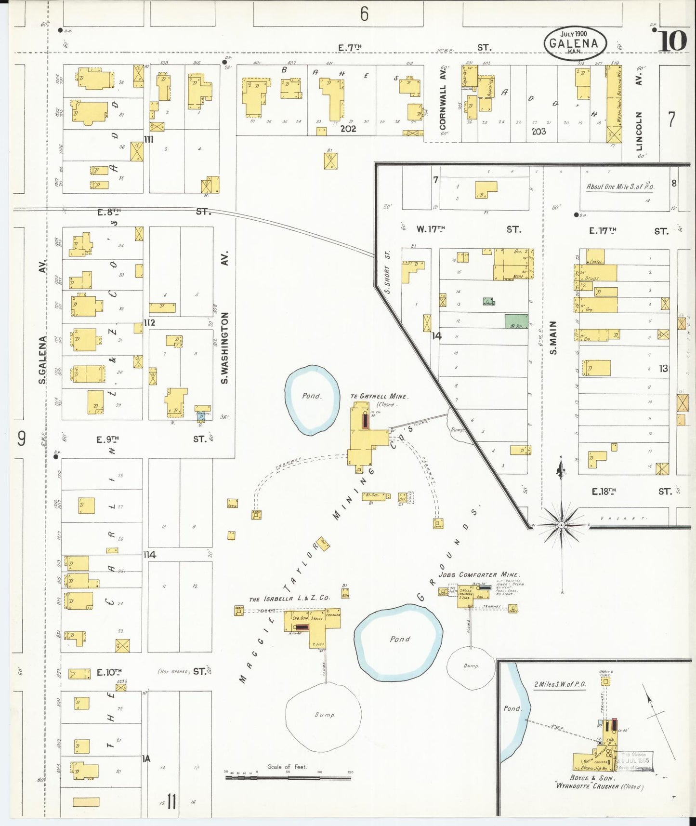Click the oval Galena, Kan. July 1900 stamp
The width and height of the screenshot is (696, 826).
click(x=575, y=43)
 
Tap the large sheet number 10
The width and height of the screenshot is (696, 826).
click(x=672, y=40)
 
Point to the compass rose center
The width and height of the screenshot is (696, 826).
click(x=561, y=524)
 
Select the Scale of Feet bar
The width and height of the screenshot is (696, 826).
click(x=288, y=777)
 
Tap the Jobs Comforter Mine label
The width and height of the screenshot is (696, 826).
click(x=479, y=574)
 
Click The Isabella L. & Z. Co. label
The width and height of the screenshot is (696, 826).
click(x=289, y=598)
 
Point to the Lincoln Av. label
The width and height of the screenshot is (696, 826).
click(x=639, y=131)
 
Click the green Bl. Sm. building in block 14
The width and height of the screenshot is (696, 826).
click(x=516, y=322)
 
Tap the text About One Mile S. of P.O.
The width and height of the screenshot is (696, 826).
click(x=620, y=187)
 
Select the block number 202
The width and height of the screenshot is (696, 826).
click(x=348, y=129)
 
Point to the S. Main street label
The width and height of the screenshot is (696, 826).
click(x=553, y=338)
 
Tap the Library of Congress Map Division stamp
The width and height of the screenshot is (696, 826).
click(x=636, y=761)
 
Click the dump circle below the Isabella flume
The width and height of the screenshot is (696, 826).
click(x=324, y=716)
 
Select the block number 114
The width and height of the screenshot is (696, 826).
click(x=150, y=555)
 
